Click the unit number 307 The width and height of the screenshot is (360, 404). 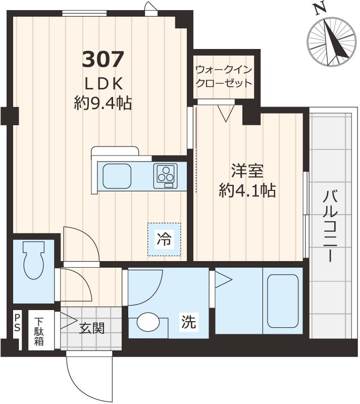(x=102, y=60)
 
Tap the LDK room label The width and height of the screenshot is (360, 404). (x=102, y=83)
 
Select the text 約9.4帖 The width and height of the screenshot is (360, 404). (x=102, y=104)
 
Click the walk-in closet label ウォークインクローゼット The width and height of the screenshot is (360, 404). (x=224, y=76)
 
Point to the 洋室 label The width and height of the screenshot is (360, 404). (x=247, y=171)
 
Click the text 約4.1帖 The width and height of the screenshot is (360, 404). (x=247, y=190)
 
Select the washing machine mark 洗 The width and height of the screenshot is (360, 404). (x=189, y=322)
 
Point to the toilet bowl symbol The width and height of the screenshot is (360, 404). (x=34, y=260)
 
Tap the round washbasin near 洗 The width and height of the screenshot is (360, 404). (x=147, y=322)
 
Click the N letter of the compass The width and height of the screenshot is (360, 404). (x=318, y=9)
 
